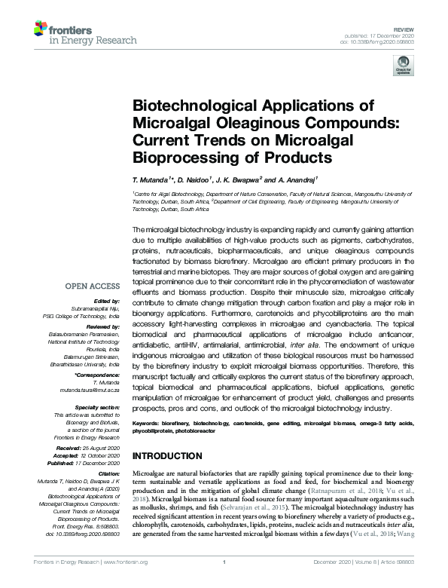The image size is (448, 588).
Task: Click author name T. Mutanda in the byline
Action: point(153,181)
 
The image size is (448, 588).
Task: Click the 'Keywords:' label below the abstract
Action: point(148,425)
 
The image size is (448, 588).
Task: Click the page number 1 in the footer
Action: point(224,583)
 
